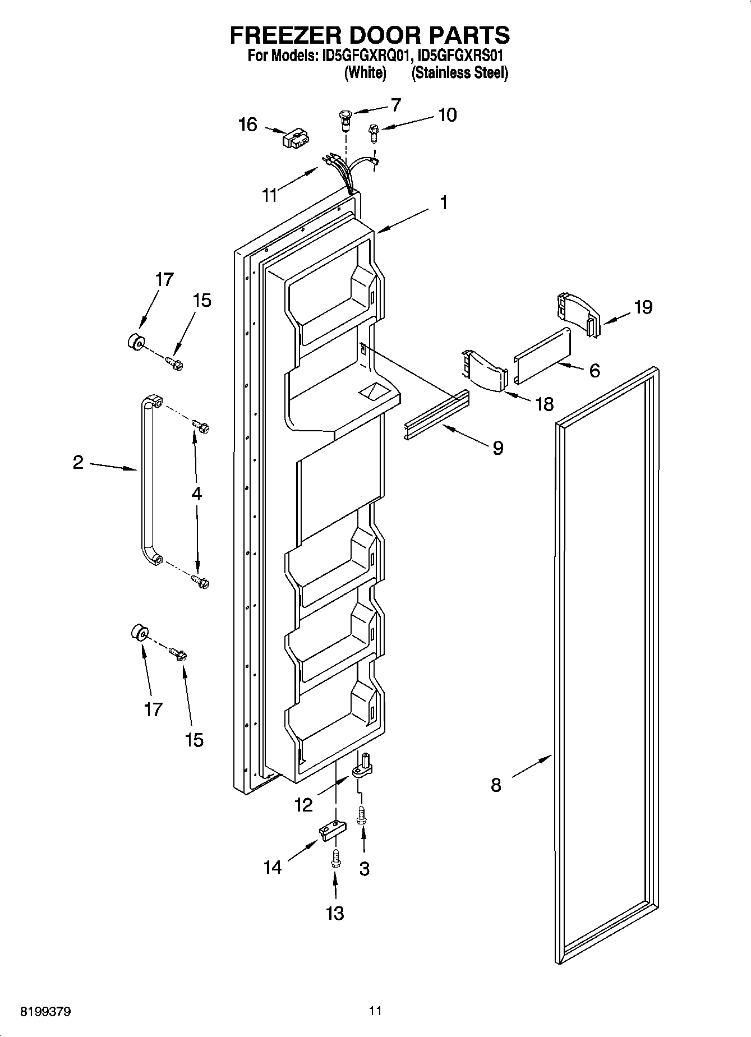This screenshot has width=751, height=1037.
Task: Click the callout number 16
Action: click(x=248, y=125)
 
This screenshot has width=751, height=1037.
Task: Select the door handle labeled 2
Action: click(x=145, y=477)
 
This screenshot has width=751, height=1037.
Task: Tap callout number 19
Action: click(x=643, y=307)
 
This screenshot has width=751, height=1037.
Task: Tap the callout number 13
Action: click(x=335, y=914)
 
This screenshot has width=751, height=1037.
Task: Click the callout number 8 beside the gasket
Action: click(x=496, y=785)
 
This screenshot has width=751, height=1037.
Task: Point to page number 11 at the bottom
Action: click(x=375, y=1011)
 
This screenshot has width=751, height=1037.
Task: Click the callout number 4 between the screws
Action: click(x=196, y=494)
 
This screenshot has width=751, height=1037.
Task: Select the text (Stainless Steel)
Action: click(x=460, y=73)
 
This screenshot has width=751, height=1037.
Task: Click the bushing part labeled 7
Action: click(x=344, y=119)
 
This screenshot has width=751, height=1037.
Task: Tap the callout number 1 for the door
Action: click(x=444, y=203)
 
